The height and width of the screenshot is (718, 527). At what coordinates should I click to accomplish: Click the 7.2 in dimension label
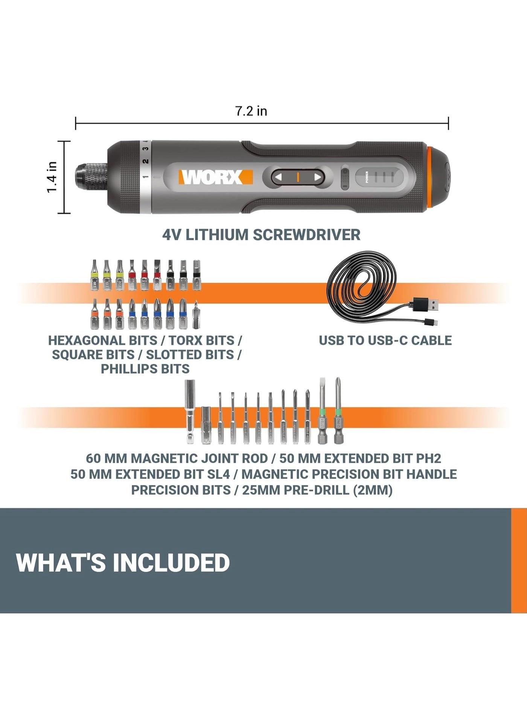coord(251,111)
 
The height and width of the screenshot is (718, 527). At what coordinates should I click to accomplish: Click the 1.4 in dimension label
coord(52,177)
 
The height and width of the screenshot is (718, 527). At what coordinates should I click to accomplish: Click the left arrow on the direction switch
coord(278,177)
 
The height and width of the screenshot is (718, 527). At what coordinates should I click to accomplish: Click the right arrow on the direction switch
coord(317,177)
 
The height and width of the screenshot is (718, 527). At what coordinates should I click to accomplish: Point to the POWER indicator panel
coord(379,177)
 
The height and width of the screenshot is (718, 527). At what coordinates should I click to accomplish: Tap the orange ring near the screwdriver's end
coord(430,177)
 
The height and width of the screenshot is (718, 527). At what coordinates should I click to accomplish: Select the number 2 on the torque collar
coord(146,161)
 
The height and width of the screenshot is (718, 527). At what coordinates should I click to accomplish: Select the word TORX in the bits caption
coord(184,340)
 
